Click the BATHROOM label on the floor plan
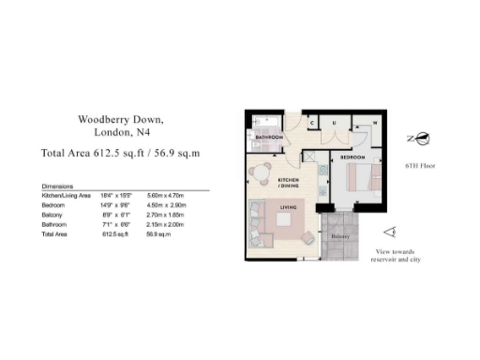click(270, 139)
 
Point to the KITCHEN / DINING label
click(288, 181)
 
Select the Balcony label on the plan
click(338, 237)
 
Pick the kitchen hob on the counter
click(321, 172)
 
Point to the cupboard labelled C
click(312, 121)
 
